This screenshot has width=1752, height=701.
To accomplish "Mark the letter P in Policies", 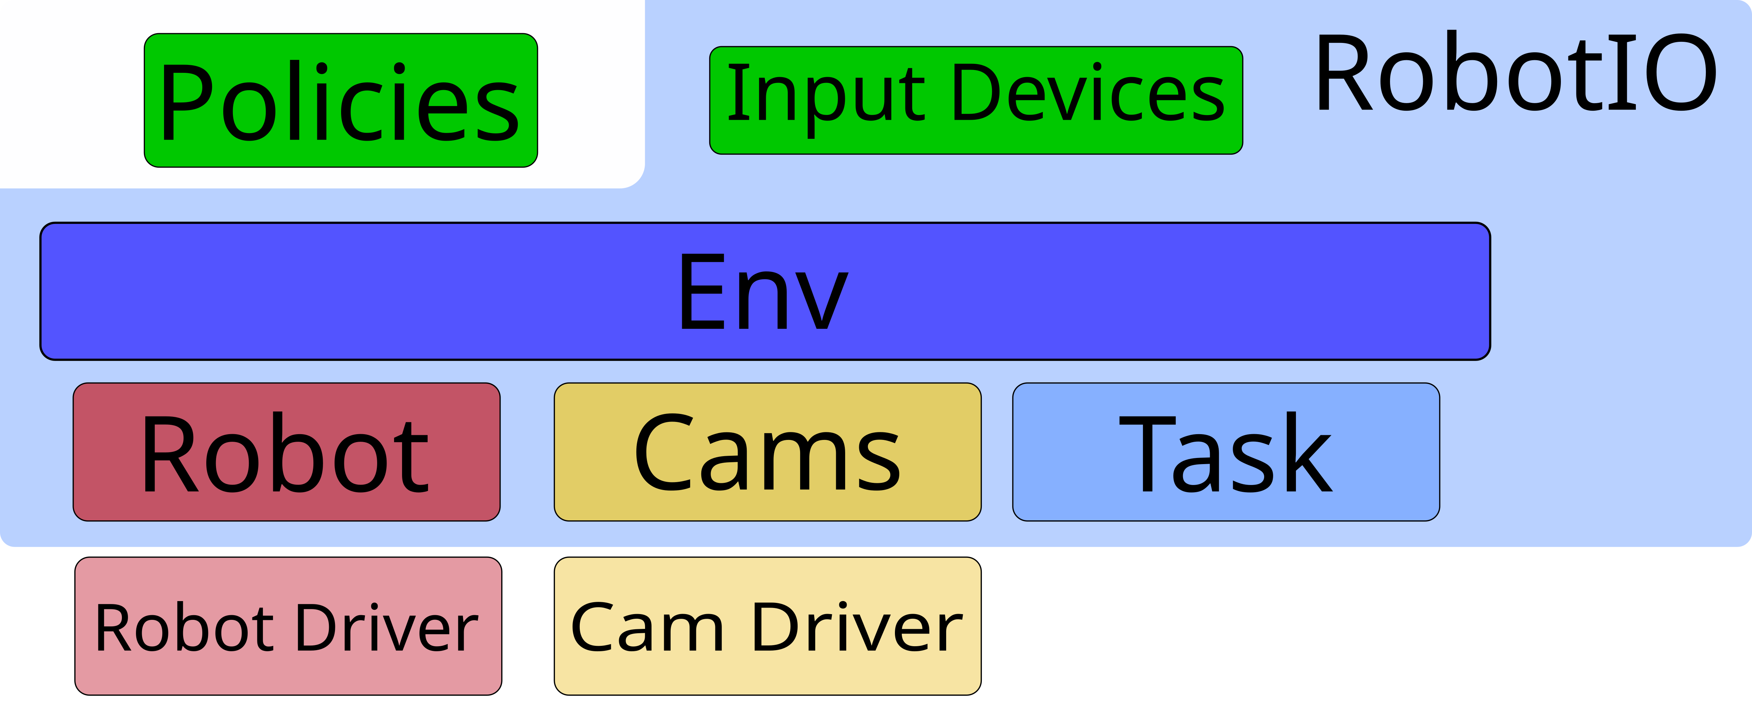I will [x=187, y=102].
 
